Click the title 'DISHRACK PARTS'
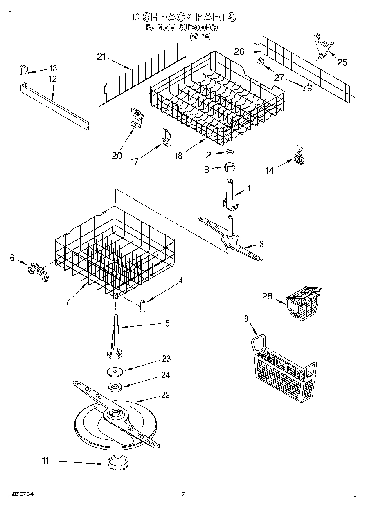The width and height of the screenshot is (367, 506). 183,17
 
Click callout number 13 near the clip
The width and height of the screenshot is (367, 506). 54,68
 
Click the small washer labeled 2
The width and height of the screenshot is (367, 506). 231,152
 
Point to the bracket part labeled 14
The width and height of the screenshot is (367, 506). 300,155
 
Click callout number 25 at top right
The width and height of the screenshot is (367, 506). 342,62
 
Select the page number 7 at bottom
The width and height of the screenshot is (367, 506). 183,494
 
